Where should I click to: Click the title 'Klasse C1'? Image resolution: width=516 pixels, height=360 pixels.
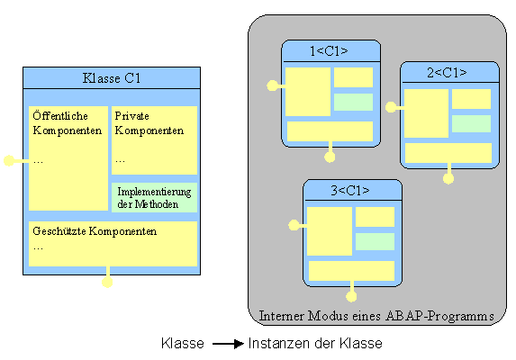111,78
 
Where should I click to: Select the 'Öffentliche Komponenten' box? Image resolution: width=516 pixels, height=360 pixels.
68,157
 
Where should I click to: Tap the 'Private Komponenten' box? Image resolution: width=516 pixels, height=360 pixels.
153,139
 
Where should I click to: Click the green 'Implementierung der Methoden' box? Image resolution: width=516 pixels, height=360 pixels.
153,197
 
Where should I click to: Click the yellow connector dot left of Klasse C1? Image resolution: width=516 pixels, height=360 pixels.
9,160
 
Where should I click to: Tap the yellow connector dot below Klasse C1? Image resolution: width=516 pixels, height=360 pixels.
108,282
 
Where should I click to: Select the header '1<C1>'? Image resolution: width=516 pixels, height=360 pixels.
330,50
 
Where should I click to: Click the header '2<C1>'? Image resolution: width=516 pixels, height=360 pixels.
448,72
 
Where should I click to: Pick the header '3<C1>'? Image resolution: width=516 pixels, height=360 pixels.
351,190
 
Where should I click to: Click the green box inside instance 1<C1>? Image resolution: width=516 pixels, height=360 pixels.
353,102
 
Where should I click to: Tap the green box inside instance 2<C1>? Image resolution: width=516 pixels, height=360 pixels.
471,123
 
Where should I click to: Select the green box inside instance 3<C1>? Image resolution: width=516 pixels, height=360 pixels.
374,241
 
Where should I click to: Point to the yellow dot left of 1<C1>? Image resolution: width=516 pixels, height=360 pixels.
272,86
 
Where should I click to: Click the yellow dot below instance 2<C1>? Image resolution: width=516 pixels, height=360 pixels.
448,178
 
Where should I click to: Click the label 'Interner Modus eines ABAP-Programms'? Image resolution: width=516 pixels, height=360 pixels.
376,316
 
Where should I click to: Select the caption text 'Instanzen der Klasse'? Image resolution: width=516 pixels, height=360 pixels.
314,344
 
